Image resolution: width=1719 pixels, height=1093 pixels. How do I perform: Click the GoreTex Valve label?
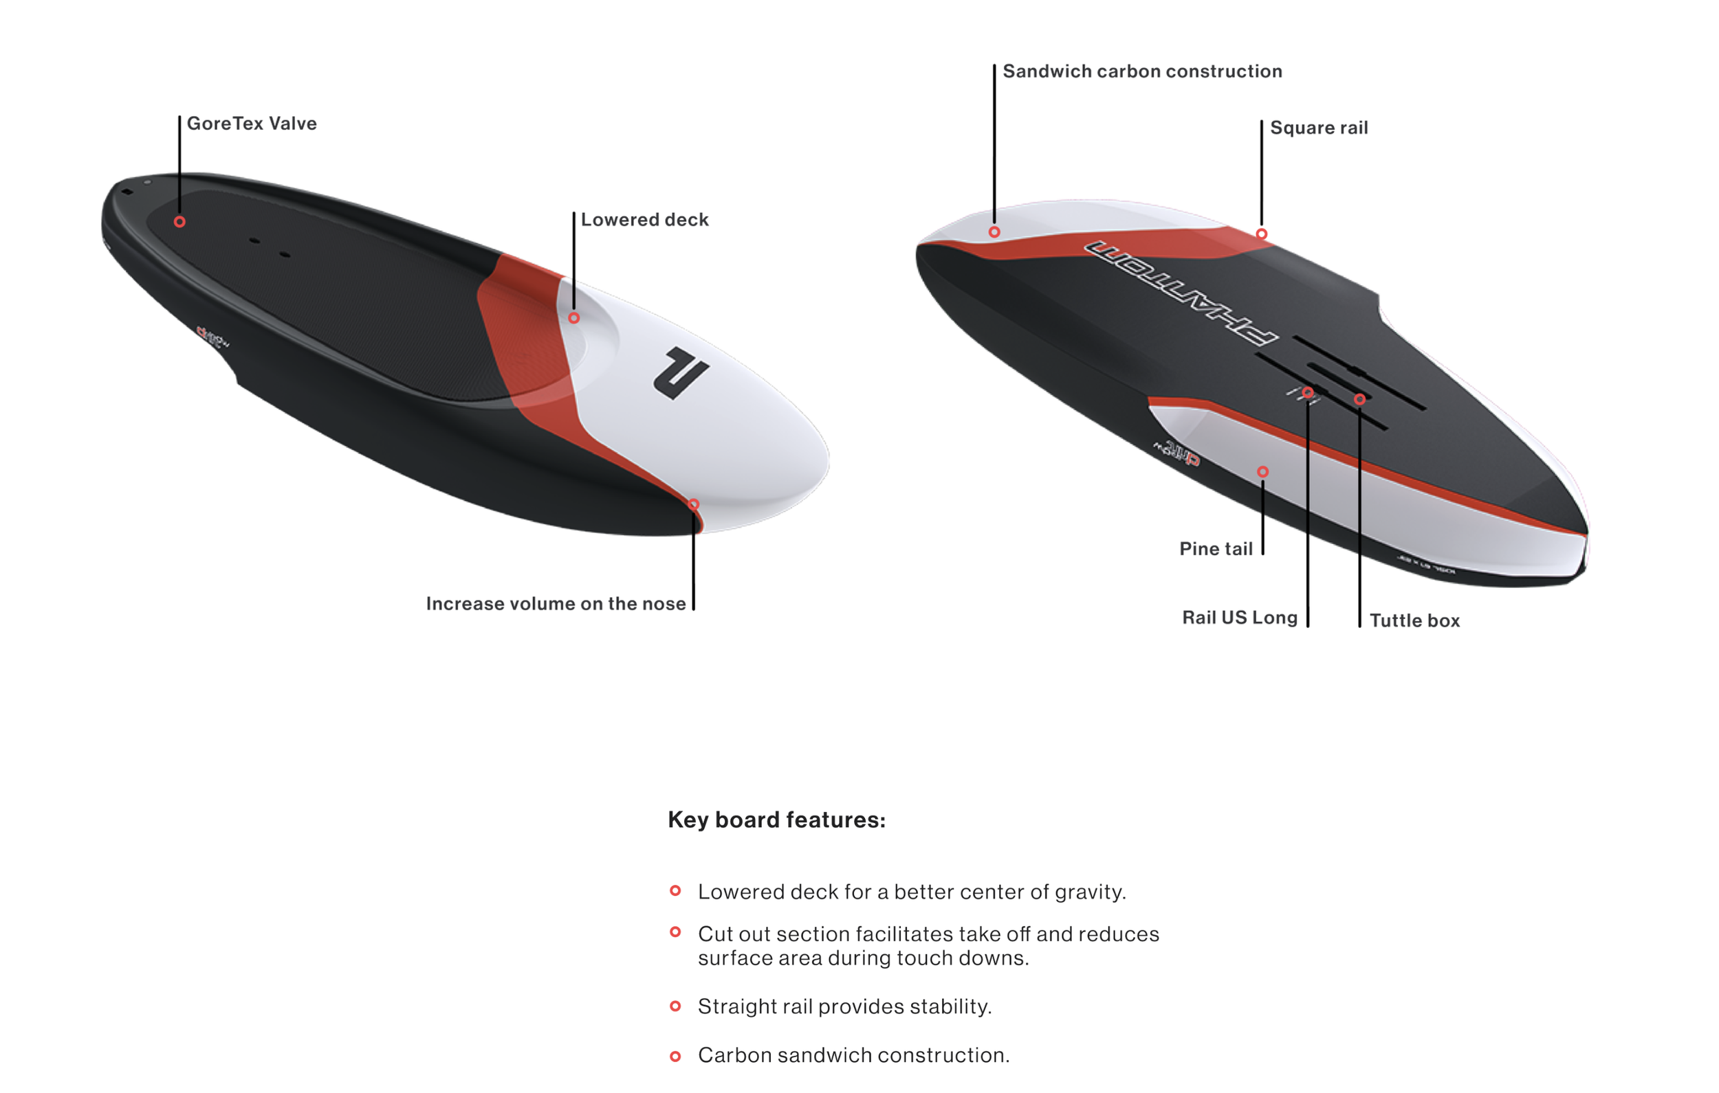coord(251,124)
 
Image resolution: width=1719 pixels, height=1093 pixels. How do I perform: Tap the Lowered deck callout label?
coord(644,220)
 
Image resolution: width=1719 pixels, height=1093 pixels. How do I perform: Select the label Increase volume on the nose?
coord(556,604)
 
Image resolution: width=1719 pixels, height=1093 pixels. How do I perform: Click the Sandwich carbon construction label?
coord(1142,71)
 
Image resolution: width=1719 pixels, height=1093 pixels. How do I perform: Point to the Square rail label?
coord(1319,128)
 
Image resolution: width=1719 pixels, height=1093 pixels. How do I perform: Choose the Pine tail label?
coord(1216,549)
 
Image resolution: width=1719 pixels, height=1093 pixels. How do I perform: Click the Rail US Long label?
coord(1239,617)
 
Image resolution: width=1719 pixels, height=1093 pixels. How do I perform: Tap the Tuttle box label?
coord(1414,621)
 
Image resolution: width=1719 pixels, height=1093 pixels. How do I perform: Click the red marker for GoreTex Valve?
coord(180,222)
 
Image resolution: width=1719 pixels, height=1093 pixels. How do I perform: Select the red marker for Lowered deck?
coord(574,318)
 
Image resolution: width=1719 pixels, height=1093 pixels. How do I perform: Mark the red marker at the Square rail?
coord(1262,234)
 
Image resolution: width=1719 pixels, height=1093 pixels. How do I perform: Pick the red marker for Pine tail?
coord(1263,471)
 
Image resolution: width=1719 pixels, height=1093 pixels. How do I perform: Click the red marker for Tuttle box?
coord(1360,400)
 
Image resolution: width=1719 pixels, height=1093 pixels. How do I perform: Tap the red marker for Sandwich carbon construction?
coord(994,232)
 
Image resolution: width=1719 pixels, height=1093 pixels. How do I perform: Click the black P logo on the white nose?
coord(680,372)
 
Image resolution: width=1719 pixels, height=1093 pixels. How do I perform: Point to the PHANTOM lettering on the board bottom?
coord(1181,293)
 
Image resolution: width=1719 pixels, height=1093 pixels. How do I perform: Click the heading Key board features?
coord(777,820)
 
